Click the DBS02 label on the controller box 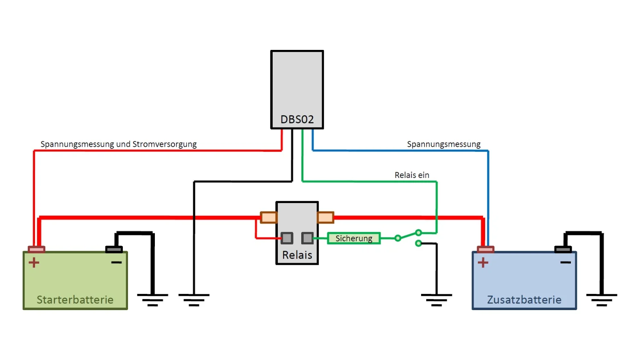pos(297,119)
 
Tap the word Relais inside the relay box pos(297,255)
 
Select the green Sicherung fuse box pos(354,238)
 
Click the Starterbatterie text pos(75,300)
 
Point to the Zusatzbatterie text pos(524,300)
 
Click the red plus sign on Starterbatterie pos(34,262)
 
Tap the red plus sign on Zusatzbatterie pos(483,262)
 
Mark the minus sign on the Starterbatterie pos(116,262)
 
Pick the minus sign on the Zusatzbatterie pos(566,262)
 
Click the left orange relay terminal pos(269,218)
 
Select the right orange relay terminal pos(325,218)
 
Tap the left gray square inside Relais pos(287,238)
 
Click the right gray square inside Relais pos(307,238)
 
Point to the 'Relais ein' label pos(412,175)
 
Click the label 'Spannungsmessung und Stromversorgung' pos(119,144)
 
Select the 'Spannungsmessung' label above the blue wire pos(444,144)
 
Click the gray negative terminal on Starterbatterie pos(114,249)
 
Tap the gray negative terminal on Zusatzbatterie pos(563,249)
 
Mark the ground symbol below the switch pos(436,299)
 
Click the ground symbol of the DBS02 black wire pos(194,299)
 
